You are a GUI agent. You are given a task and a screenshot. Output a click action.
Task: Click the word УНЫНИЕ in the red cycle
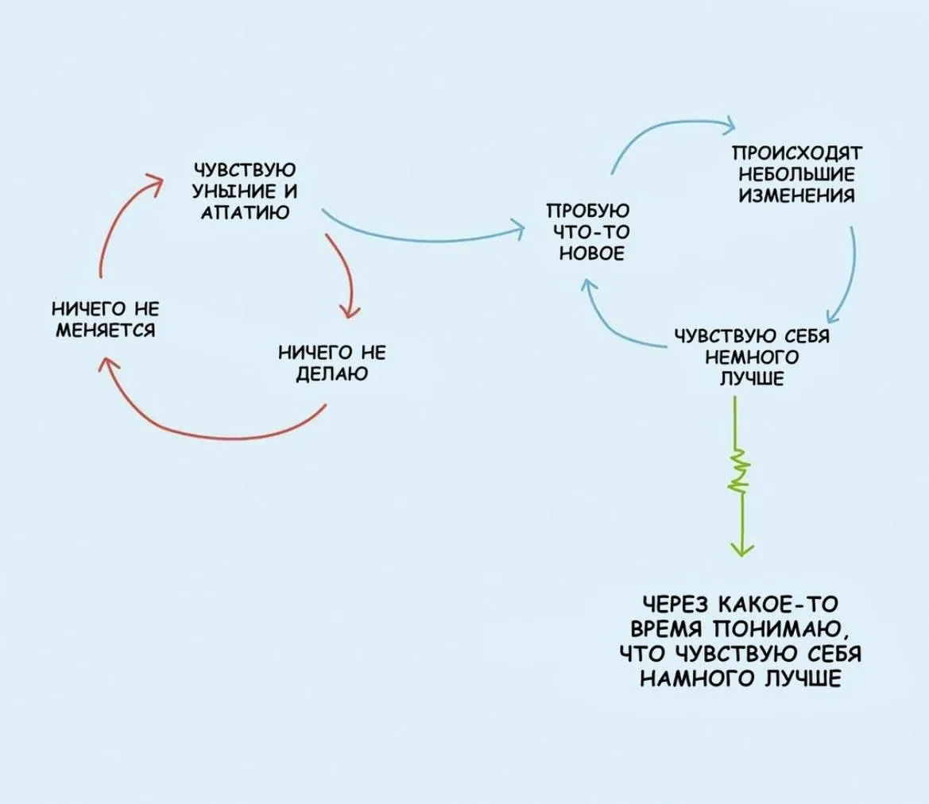point(227,191)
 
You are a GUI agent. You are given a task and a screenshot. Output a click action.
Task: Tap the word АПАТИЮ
point(246,213)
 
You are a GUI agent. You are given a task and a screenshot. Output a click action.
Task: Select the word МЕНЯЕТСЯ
point(106,330)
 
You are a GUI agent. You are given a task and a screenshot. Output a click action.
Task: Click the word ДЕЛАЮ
point(332,374)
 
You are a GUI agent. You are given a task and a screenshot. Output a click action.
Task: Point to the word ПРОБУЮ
point(588,211)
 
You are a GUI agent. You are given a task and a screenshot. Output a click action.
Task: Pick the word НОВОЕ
point(593,253)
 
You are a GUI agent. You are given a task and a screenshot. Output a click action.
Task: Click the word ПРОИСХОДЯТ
point(797,153)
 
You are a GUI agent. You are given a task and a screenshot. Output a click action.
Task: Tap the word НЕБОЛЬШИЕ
point(797,175)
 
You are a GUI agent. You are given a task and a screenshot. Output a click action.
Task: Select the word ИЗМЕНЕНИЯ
point(797,196)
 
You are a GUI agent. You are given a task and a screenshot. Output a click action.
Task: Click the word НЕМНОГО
point(753,358)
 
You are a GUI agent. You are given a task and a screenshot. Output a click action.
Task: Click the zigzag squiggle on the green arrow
point(740,472)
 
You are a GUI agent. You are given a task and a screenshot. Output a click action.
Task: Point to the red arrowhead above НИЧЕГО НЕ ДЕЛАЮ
point(350,311)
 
